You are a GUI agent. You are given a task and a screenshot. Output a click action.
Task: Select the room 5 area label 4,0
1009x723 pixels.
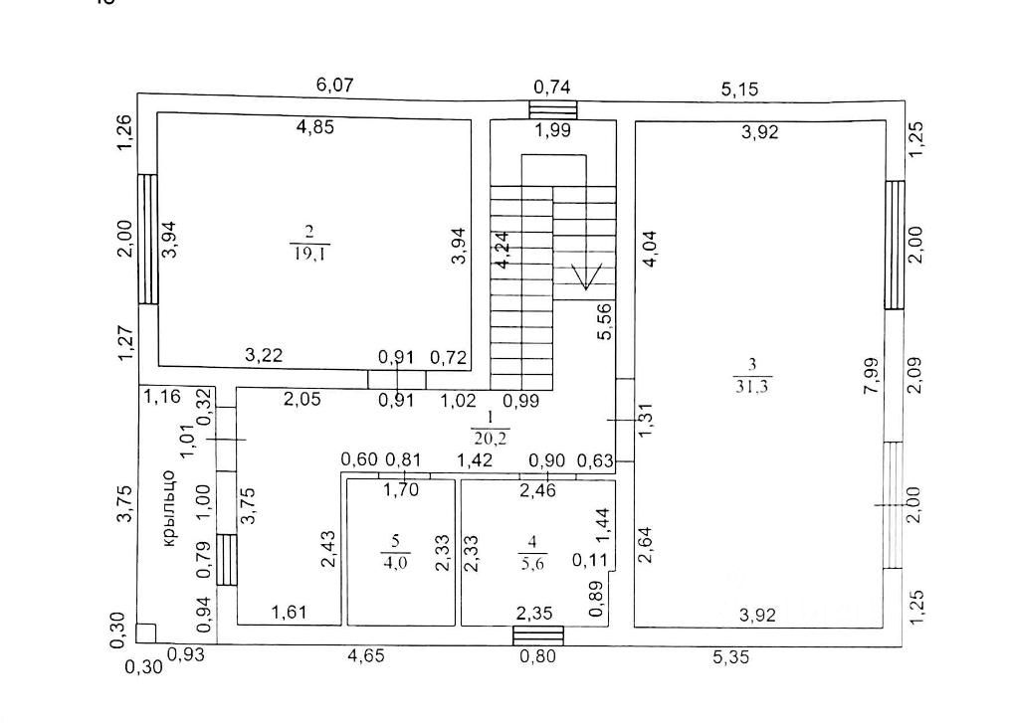tap(395, 562)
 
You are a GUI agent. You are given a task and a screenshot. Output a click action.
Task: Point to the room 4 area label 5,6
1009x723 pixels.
tap(532, 562)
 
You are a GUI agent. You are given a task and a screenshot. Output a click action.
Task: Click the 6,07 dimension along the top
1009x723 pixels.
tap(335, 85)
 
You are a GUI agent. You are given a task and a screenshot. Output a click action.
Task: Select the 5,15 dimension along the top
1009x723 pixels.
tap(739, 90)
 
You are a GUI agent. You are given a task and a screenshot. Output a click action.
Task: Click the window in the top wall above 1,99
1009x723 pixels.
tap(552, 109)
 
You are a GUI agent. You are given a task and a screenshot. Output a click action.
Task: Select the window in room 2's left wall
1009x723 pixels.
tap(147, 239)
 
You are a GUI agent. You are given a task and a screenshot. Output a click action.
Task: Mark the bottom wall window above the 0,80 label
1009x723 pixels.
tap(537, 635)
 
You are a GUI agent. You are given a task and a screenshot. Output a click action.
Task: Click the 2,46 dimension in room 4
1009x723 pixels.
tap(537, 490)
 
